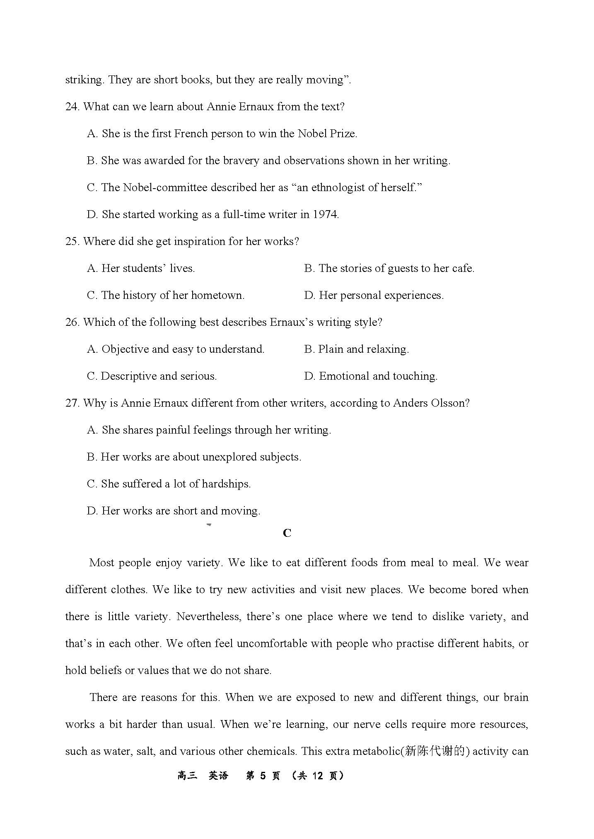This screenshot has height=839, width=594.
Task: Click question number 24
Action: click(x=72, y=107)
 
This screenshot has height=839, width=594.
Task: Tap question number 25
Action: click(x=72, y=242)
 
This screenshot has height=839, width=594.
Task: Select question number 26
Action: click(x=72, y=323)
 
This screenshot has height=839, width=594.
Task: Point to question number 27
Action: click(x=72, y=403)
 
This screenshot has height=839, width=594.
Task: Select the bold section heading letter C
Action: click(x=287, y=533)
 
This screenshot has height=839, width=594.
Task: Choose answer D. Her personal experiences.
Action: click(x=374, y=296)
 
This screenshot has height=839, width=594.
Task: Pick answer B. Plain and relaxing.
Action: click(x=356, y=349)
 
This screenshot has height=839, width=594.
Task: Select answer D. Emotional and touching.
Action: click(x=370, y=376)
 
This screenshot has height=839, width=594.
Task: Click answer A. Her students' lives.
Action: click(x=141, y=269)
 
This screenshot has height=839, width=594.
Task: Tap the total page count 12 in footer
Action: click(x=317, y=776)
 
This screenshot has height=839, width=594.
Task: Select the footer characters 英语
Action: click(x=218, y=776)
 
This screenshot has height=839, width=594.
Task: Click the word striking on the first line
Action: click(x=84, y=80)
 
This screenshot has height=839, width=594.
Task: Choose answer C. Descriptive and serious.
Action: click(x=152, y=376)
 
